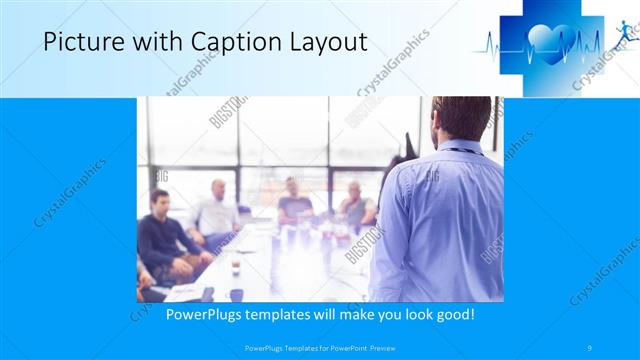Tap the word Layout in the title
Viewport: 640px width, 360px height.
click(x=321, y=42)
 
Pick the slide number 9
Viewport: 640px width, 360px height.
click(x=590, y=347)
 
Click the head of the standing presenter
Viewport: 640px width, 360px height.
click(x=455, y=118)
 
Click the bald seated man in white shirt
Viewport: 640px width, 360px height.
click(x=216, y=210)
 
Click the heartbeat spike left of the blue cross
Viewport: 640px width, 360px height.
click(x=492, y=44)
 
